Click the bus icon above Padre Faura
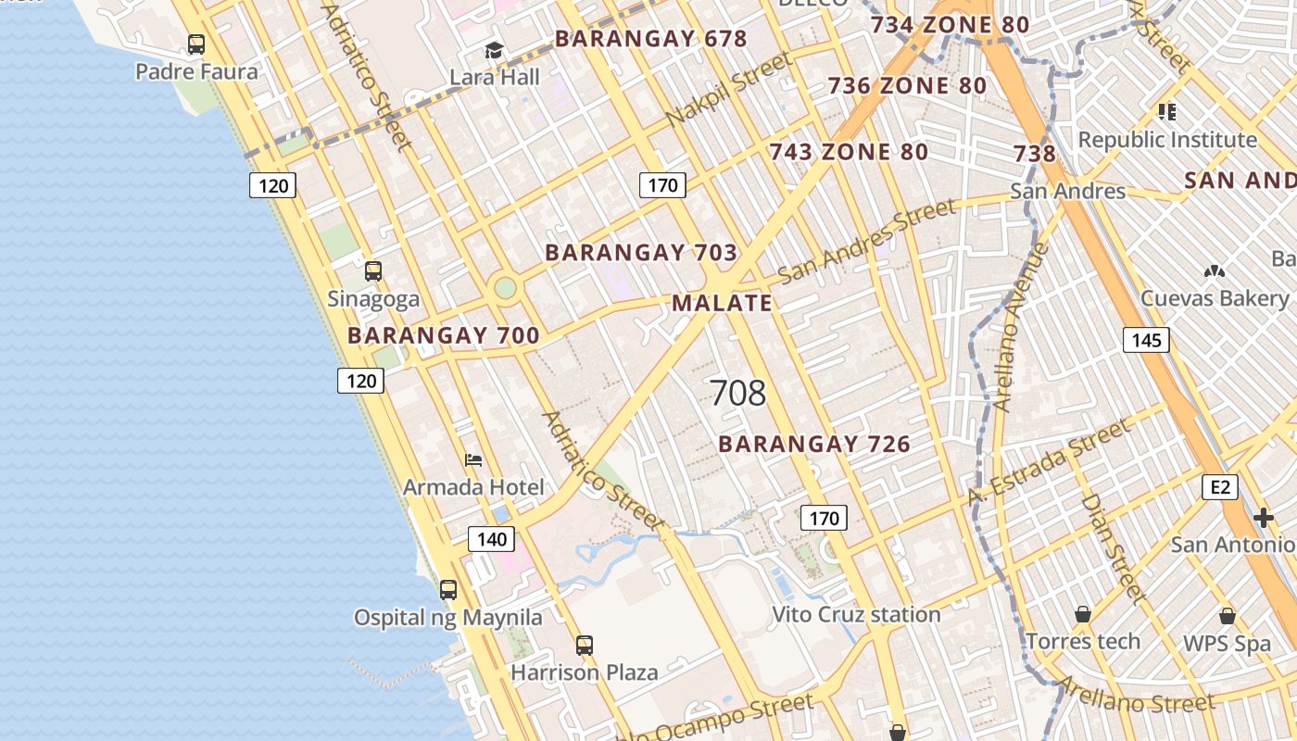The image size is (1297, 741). pos(195,44)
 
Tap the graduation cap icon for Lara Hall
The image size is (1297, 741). pos(494,50)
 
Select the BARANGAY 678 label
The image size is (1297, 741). pos(650,39)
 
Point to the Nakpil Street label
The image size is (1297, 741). pos(729,90)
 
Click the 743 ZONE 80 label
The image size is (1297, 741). pos(849,152)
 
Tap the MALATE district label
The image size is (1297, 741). pos(722,303)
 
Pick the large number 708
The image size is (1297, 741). pos(738,393)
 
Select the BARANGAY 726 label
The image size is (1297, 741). pos(814,445)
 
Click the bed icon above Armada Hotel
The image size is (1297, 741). pos(473,459)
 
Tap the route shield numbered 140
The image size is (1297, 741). pos(491,539)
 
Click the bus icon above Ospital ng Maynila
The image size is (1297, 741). pos(448,589)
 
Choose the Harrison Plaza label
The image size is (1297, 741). pos(584,672)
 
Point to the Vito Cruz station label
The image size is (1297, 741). pos(856,614)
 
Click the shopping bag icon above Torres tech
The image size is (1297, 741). pos(1082,614)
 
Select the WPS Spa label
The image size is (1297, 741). pos(1227,644)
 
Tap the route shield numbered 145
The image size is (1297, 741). pos(1146,340)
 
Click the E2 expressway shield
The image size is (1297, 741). pos(1219,486)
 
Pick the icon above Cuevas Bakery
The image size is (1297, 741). pos(1214,271)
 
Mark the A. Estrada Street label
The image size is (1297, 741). pos(1049,462)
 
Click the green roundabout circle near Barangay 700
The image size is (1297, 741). pos(505,287)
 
